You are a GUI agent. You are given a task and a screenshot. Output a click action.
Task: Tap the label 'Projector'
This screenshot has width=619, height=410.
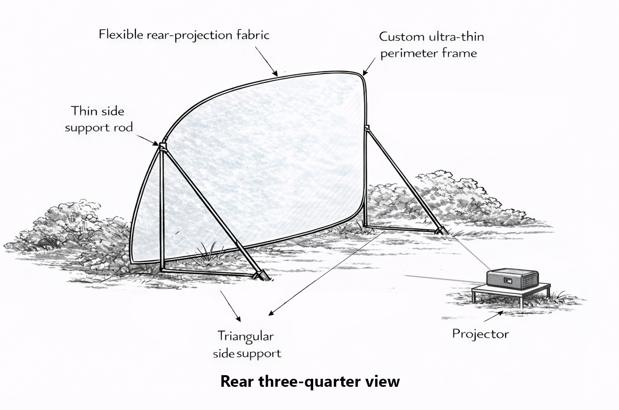480,334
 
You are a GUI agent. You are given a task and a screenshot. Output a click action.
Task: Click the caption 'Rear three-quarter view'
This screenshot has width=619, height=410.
310,381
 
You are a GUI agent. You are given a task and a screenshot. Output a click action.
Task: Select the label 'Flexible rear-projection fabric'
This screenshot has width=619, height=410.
184,35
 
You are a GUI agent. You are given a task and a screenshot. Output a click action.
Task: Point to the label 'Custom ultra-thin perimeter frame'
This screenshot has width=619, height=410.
431,45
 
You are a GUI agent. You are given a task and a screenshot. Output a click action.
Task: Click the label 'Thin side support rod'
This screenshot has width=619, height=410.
98,119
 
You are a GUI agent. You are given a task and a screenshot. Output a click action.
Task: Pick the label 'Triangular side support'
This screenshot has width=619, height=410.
247,344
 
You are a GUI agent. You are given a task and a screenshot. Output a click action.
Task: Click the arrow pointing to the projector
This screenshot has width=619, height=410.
494,316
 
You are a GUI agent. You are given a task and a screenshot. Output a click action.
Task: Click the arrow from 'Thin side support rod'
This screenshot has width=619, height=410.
147,139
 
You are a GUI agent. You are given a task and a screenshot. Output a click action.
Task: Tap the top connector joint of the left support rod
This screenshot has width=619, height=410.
162,146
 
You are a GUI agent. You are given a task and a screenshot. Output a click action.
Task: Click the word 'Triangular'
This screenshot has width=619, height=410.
245,336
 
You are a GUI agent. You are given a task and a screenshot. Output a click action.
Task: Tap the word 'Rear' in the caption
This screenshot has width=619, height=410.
237,381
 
